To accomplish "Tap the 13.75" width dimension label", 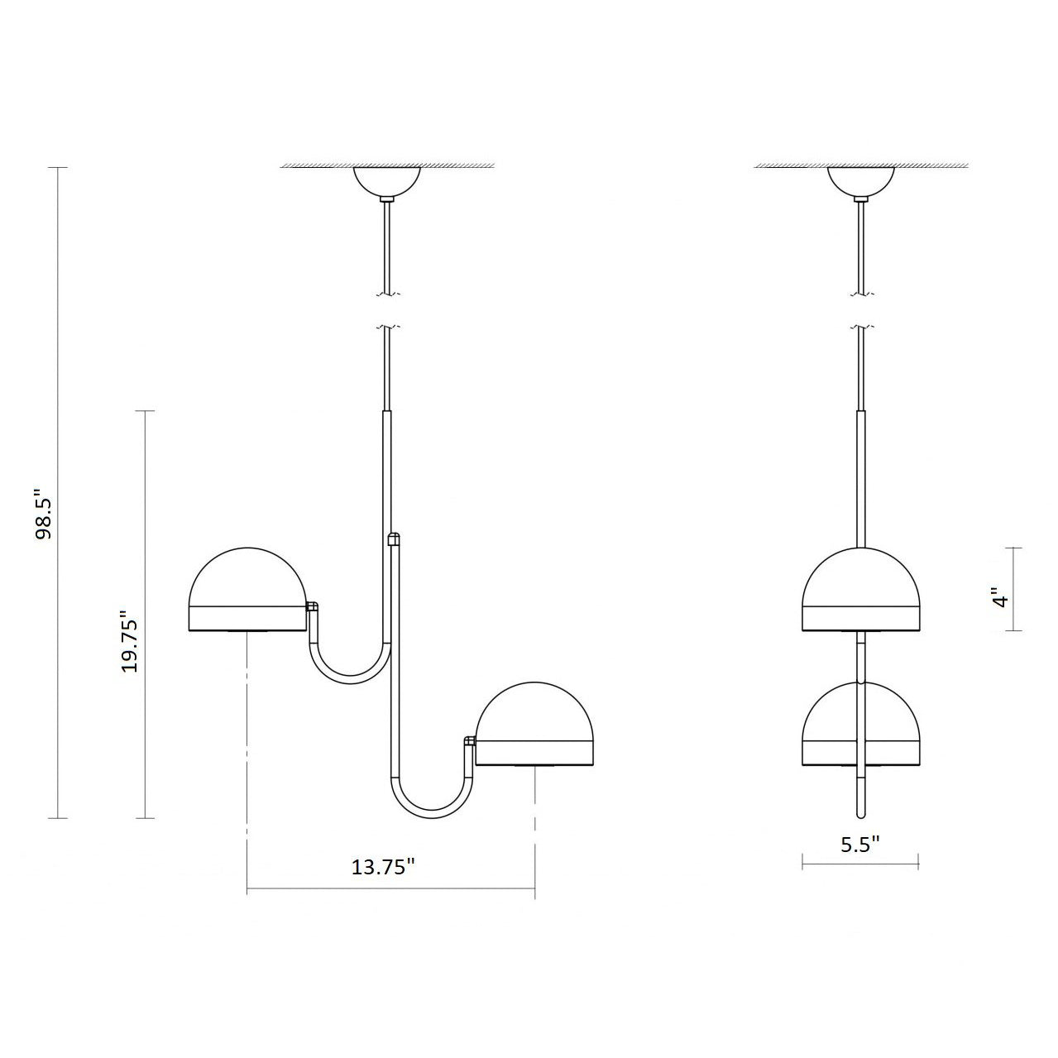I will pos(383,867).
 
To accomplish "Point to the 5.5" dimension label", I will pos(859,844).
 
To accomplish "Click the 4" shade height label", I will pos(1002,598).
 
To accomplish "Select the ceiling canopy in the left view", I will pos(387,181).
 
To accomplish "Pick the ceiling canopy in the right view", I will pos(861,181).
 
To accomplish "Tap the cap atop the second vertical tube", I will pos(394,539).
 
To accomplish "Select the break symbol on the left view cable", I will pos(386,311).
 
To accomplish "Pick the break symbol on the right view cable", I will pos(861,311).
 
